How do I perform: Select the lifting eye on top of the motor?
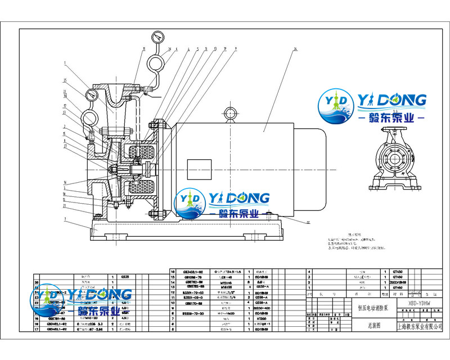click(x=231, y=112)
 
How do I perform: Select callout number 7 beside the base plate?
click(x=66, y=218)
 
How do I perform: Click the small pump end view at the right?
click(x=392, y=160)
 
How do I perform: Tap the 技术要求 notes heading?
click(x=337, y=233)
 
